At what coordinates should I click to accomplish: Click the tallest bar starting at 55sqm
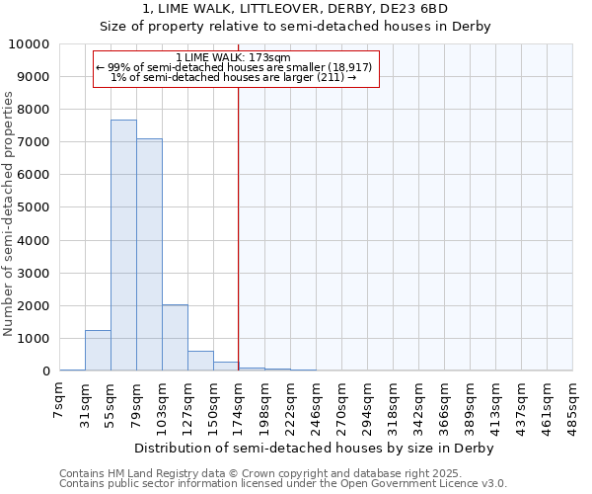(x=123, y=245)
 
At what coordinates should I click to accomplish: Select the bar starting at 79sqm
(x=149, y=255)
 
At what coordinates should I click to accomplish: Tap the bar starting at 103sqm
(x=175, y=338)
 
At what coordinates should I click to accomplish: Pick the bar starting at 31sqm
(x=98, y=351)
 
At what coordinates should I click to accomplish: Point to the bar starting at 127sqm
(x=200, y=361)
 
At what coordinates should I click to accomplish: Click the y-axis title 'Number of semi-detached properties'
(x=10, y=213)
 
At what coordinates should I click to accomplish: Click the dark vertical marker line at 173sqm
(x=239, y=227)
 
